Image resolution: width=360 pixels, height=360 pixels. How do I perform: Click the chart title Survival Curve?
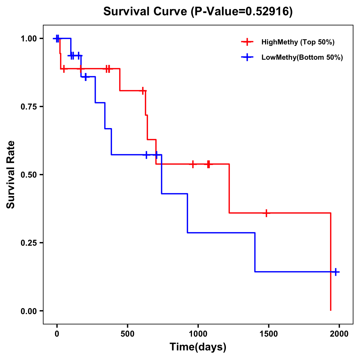146,11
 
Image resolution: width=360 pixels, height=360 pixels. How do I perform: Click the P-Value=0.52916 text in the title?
242,11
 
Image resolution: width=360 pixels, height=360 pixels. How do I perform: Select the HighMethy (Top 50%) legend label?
298,42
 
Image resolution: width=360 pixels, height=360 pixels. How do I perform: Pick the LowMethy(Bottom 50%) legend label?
302,57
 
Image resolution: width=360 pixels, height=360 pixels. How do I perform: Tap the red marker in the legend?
247,42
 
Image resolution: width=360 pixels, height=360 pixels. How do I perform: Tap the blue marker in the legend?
247,57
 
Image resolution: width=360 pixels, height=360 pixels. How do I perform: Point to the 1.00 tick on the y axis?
29,39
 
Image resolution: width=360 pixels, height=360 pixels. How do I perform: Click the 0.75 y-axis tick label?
29,107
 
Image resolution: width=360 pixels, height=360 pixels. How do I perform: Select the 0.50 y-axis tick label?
29,175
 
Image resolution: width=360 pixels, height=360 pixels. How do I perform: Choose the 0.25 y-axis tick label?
29,243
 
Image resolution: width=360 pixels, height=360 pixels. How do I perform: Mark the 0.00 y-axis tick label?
29,311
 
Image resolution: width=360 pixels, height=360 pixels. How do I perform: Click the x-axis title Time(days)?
198,347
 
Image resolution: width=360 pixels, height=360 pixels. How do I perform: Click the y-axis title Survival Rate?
11,174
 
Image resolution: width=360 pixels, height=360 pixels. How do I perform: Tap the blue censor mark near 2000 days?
336,272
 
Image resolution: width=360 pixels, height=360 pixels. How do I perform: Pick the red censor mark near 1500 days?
266,213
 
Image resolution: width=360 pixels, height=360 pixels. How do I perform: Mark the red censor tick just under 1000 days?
193,164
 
